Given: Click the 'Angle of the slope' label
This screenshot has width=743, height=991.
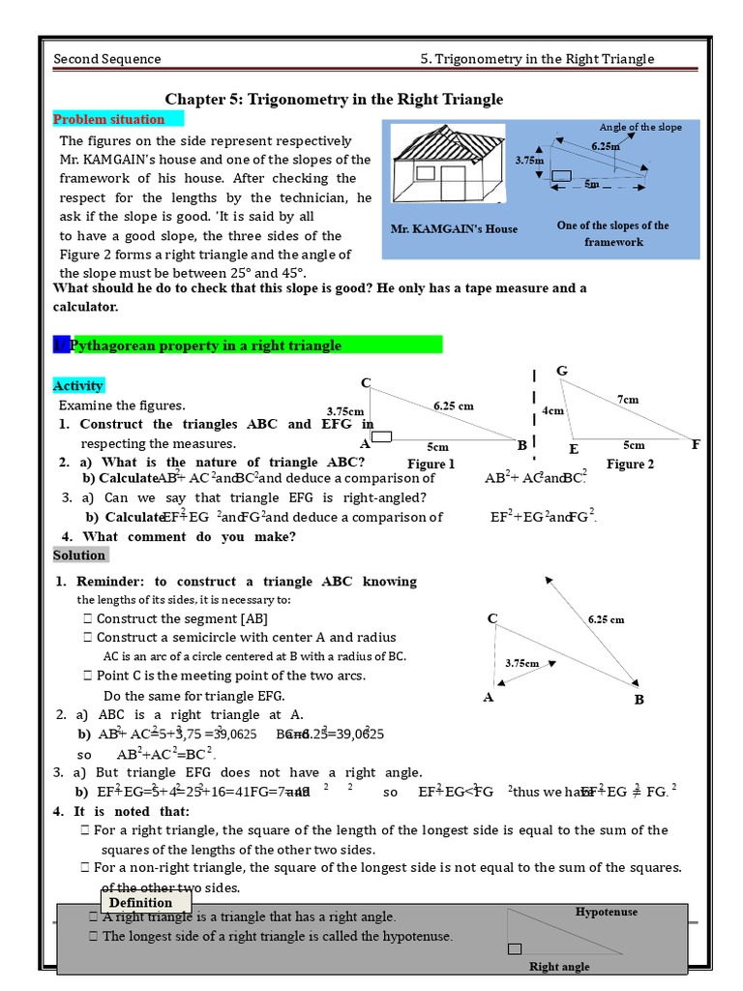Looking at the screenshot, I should [x=639, y=127].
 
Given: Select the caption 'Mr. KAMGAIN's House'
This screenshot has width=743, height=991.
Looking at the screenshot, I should [x=454, y=229].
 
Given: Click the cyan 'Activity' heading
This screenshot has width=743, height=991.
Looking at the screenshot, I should [x=78, y=386].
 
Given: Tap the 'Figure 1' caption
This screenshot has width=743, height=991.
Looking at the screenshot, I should [x=431, y=465].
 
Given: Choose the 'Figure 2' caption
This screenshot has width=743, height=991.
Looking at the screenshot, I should [x=630, y=465].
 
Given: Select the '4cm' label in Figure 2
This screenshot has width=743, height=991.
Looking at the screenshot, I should [x=552, y=410].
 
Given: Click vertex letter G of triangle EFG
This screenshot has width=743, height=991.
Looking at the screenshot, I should [x=561, y=372].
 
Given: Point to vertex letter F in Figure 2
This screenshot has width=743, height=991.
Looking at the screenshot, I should [x=695, y=445].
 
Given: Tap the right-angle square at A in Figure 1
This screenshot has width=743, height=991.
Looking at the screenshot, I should [x=381, y=437].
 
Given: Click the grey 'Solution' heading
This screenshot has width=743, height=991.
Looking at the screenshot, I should [x=79, y=556].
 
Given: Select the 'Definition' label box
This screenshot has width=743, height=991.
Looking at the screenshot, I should [x=140, y=903].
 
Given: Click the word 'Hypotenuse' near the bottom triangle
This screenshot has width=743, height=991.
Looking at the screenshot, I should [x=607, y=912].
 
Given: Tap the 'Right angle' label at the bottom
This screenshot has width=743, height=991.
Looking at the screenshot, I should [x=559, y=966].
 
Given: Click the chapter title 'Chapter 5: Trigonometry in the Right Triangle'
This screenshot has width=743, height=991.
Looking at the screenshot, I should [x=334, y=100].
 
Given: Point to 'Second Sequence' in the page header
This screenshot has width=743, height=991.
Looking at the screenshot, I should [x=107, y=59].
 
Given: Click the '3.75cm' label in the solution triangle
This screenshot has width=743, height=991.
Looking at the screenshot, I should [x=521, y=663].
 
